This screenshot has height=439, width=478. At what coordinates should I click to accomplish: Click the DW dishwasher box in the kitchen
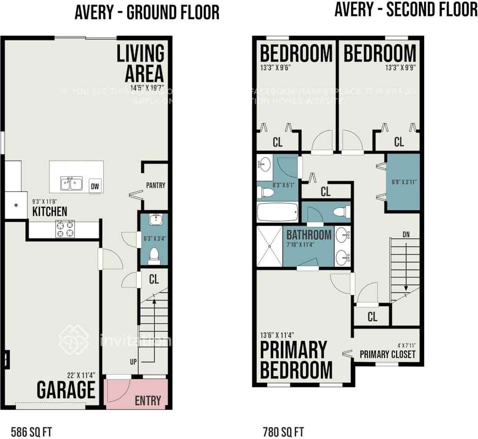[96, 185]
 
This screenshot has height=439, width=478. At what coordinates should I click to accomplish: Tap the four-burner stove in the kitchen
[65, 228]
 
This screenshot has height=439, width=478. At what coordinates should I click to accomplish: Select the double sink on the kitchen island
[71, 183]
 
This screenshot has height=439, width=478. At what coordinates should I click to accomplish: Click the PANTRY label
[156, 186]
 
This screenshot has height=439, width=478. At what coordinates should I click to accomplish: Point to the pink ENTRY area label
[148, 400]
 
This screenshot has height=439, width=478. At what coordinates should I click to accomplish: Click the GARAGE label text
[66, 390]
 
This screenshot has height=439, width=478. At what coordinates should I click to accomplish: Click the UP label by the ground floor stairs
[133, 362]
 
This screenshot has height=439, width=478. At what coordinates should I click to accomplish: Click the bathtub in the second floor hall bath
[277, 212]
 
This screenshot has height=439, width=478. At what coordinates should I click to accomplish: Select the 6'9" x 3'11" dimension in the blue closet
[403, 182]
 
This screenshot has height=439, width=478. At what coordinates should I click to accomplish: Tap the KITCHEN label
[50, 212]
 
